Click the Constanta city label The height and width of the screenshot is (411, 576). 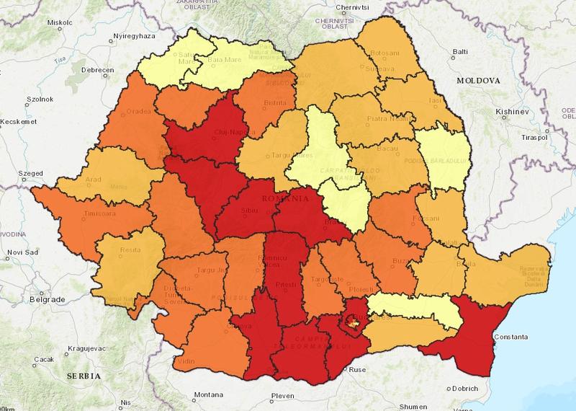(511, 337)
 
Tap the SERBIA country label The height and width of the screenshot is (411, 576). (81, 376)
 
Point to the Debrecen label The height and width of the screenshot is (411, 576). (99, 70)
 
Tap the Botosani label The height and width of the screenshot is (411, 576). (385, 54)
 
